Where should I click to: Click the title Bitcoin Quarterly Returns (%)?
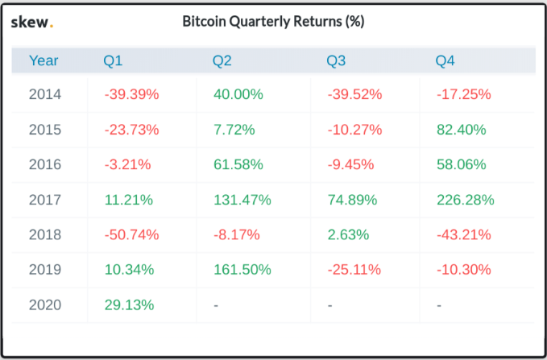(274, 23)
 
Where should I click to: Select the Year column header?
(44, 60)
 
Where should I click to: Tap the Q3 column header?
(338, 60)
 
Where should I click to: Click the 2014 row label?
(44, 94)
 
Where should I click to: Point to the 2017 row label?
(44, 200)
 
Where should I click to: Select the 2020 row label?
(44, 305)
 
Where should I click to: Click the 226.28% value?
(465, 200)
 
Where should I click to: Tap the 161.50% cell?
(242, 270)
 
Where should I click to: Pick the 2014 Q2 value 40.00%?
(238, 94)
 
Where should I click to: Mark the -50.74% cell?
(131, 235)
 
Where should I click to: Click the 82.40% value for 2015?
(461, 129)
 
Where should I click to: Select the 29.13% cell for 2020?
(129, 305)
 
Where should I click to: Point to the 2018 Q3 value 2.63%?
(348, 235)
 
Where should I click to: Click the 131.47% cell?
(242, 200)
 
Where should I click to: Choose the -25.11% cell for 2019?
(354, 270)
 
